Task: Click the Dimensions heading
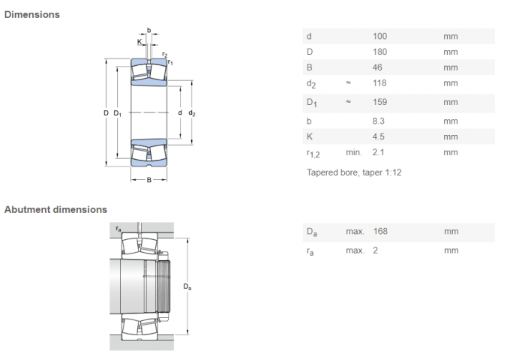pos(31,14)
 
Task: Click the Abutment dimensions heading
pos(55,209)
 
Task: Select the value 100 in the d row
pos(379,36)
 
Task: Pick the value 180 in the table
pos(379,52)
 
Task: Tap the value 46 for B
pos(377,67)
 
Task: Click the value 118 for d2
pos(379,83)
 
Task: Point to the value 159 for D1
pos(379,102)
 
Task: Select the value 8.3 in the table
pos(378,121)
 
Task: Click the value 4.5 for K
pos(378,136)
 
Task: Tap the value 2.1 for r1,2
pos(378,152)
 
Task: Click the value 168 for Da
pos(379,231)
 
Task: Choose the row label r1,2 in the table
pos(313,153)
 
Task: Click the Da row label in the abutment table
pos(311,232)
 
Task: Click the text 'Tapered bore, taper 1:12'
pos(353,172)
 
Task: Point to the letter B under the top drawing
pos(148,180)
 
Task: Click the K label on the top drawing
pos(139,41)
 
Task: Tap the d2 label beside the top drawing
pos(192,113)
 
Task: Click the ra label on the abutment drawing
pos(118,226)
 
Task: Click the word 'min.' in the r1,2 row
pos(354,152)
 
